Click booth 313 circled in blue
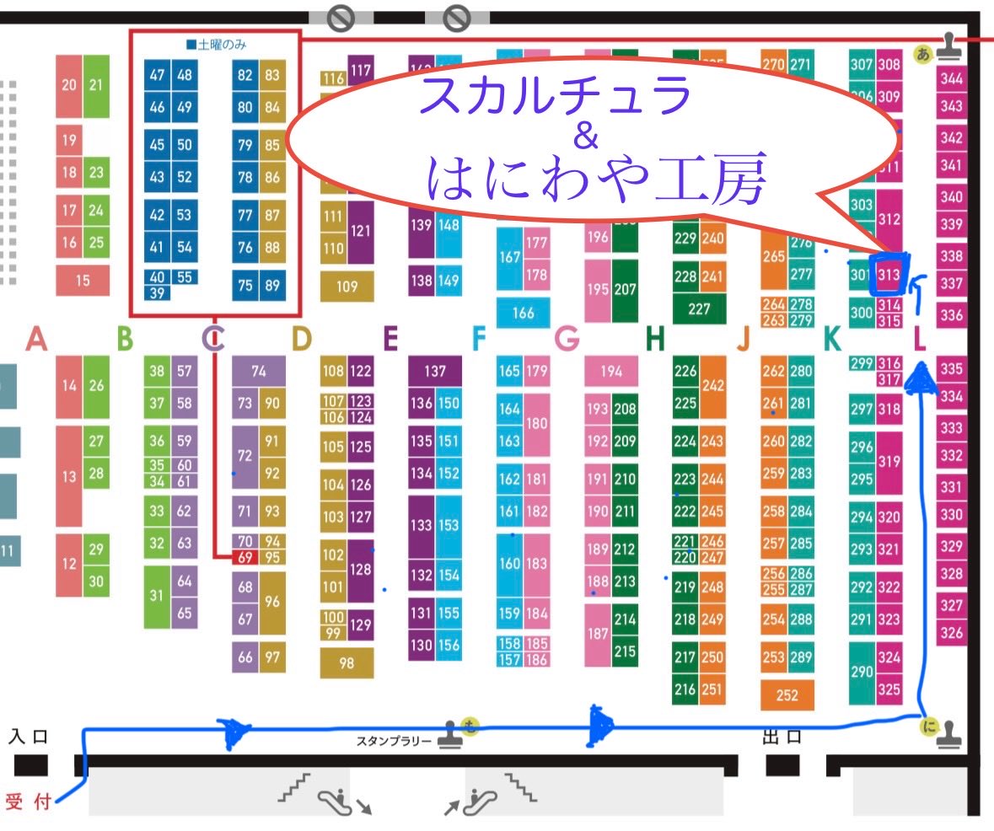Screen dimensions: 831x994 click(x=889, y=273)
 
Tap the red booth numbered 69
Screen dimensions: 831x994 click(x=245, y=556)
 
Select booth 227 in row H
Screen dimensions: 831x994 click(x=699, y=308)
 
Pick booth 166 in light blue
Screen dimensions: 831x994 click(x=523, y=313)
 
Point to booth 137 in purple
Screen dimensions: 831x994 click(x=435, y=371)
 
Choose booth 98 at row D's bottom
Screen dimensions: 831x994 click(x=347, y=663)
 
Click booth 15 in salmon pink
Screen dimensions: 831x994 click(x=82, y=280)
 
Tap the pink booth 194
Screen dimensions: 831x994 click(x=610, y=371)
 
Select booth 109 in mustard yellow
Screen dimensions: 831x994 click(x=347, y=286)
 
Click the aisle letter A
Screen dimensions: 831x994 click(x=35, y=339)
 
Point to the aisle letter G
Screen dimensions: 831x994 click(x=567, y=339)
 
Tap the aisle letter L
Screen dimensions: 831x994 click(x=920, y=339)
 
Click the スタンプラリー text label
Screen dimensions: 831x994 click(x=395, y=741)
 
